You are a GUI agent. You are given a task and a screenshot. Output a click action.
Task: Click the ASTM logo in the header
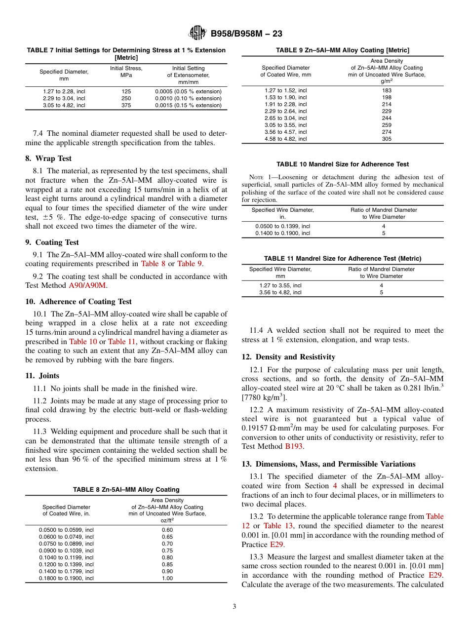tap(197, 34)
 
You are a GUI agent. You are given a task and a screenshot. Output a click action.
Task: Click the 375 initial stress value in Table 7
tap(126, 105)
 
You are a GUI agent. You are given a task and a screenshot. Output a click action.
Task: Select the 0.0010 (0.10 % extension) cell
tap(188, 98)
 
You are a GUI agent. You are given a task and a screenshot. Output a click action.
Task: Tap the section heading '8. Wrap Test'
tap(48, 158)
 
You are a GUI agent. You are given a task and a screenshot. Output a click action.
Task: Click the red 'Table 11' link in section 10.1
tap(121, 341)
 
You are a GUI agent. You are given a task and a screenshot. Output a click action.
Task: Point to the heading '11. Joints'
tap(42, 376)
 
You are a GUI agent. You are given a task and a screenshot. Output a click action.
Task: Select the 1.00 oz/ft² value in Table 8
tap(167, 578)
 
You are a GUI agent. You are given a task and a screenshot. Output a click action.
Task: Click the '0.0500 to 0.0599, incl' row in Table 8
tap(66, 530)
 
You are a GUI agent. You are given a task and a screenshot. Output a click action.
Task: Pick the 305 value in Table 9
tap(387, 139)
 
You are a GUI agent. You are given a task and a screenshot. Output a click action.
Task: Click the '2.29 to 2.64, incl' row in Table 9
tap(286, 111)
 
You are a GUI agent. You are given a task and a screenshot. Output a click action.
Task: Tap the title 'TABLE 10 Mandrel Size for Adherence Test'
tap(343, 164)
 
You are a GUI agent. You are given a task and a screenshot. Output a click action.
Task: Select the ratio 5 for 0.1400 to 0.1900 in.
tap(384, 233)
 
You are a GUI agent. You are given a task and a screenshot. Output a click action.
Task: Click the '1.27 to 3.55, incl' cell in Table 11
tap(280, 285)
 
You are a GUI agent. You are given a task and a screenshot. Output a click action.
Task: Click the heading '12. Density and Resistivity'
tap(288, 357)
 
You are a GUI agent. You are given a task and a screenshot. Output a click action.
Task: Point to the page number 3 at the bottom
tap(234, 607)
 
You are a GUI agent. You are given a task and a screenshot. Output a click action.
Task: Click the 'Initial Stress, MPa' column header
tap(126, 72)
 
